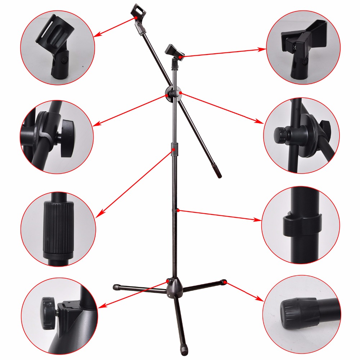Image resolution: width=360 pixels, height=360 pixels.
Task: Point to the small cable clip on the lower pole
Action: [x=176, y=210]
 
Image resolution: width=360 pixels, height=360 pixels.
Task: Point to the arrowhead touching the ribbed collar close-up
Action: [x=99, y=215]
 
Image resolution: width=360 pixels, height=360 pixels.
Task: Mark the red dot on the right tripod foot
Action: [x=224, y=282]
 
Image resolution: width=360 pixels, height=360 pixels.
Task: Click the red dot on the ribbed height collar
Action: [x=174, y=148]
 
